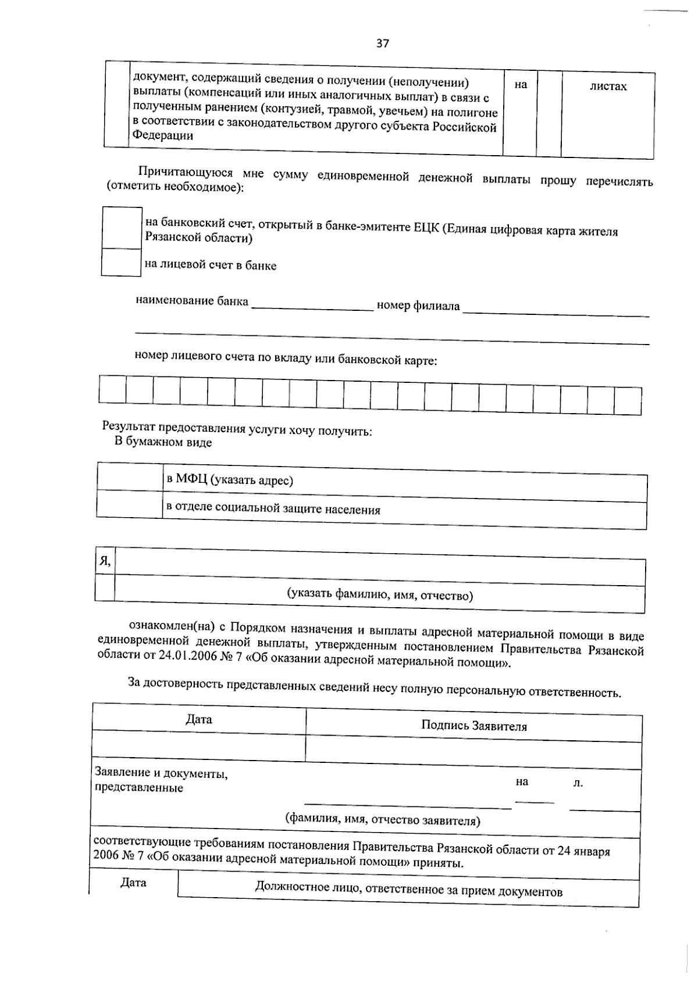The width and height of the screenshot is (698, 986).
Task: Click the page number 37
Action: click(382, 43)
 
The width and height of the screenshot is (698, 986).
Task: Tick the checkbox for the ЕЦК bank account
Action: click(122, 228)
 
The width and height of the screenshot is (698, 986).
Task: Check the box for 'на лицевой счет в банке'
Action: click(121, 262)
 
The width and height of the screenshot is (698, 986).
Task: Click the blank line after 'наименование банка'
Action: click(312, 306)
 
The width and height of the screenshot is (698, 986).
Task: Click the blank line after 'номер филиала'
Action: click(555, 311)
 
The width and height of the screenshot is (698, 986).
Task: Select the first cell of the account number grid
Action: click(112, 389)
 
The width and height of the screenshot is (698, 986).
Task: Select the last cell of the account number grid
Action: click(628, 400)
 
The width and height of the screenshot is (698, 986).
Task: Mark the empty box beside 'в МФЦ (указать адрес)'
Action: click(129, 476)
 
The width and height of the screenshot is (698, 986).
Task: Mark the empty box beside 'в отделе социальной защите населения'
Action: click(129, 504)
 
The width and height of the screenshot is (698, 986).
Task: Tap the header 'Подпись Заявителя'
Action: click(473, 726)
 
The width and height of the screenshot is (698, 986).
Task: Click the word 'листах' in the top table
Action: click(608, 87)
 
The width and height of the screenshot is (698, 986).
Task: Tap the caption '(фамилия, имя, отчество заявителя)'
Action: click(382, 820)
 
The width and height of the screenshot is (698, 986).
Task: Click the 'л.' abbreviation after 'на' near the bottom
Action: click(578, 783)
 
